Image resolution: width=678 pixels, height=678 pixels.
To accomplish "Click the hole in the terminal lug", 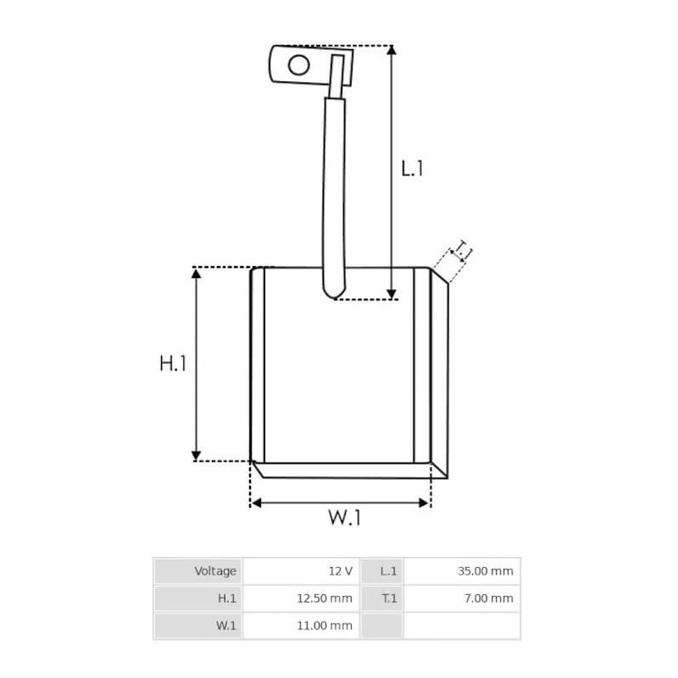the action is (299, 65).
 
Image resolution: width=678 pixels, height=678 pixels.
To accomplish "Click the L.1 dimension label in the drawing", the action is (412, 168).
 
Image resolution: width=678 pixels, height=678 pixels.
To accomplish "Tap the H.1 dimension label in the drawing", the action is (173, 364).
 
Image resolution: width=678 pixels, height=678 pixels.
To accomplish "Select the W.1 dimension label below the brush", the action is (344, 517).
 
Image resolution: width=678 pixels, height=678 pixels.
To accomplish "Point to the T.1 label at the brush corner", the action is (461, 250).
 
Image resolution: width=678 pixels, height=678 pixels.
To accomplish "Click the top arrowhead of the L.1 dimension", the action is (392, 50).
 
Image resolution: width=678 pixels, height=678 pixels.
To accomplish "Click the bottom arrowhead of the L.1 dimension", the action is (392, 294).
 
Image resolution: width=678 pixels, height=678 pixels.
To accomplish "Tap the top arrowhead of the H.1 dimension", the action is (196, 273).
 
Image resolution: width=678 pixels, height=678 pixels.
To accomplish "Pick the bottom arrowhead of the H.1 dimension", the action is (196, 456).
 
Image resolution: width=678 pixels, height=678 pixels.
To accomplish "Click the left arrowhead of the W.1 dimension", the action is (257, 503).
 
